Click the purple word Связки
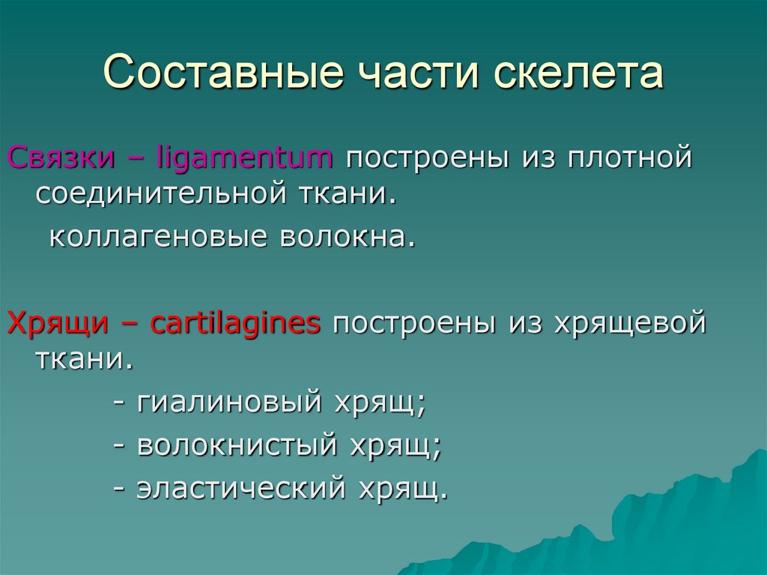click(x=61, y=158)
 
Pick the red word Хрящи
click(x=55, y=324)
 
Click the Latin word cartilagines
click(x=235, y=324)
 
